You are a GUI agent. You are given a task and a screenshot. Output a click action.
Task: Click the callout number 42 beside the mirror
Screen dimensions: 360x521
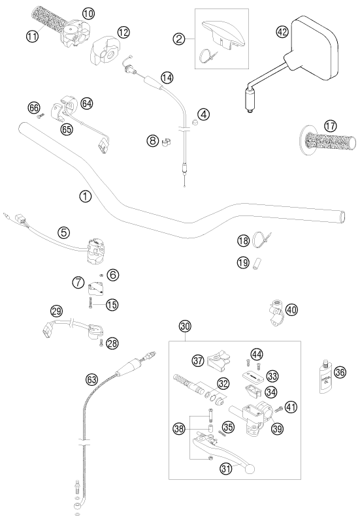coord(282,31)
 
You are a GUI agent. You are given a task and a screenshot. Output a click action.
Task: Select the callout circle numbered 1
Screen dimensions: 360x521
coord(86,196)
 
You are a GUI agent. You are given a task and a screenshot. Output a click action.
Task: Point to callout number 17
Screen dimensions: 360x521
coord(331,126)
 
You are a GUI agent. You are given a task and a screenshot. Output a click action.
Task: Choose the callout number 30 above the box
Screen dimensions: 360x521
coord(185,326)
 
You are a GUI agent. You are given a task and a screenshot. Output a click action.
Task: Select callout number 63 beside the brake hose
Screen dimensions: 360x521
coord(92,379)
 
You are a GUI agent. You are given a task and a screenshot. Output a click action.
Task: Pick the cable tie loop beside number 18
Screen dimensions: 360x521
coord(261,240)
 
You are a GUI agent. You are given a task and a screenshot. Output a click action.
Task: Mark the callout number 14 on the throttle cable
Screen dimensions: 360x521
coord(167,78)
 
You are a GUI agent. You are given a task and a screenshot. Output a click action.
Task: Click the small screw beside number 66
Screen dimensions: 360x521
coord(41,116)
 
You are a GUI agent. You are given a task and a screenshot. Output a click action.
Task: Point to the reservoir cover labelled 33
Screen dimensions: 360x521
coord(254,376)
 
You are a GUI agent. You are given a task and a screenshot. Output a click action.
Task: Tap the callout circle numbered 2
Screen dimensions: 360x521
coord(178,39)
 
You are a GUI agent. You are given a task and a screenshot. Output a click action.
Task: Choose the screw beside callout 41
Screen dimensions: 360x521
coord(279,408)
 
